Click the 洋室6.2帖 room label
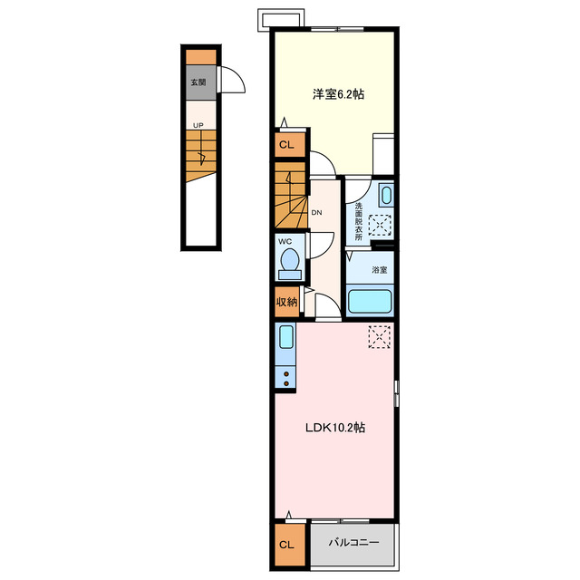338,94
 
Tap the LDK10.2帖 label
335,428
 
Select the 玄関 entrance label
198,82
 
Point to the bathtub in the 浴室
370,301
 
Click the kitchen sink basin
286,337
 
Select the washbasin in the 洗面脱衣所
386,196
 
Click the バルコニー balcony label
354,543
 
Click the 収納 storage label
287,302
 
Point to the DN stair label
316,213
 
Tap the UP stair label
198,125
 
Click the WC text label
285,242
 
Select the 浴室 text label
380,270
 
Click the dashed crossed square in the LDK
380,336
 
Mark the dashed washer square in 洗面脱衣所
380,225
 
